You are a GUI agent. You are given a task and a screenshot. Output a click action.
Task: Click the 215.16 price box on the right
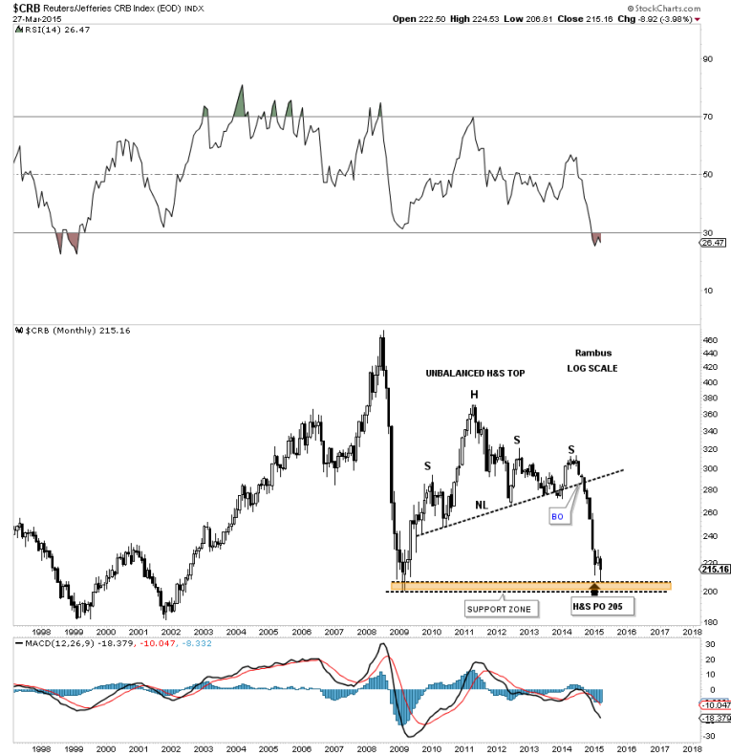coord(715,571)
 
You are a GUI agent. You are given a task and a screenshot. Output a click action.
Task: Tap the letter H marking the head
coord(473,395)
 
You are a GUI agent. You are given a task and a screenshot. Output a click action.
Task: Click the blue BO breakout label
coord(559,515)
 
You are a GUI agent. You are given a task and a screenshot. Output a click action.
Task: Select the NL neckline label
coord(482,504)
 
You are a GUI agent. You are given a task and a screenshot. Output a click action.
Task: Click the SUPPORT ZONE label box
coord(498,609)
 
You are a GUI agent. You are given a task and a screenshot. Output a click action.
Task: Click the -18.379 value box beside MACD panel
coord(715,716)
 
